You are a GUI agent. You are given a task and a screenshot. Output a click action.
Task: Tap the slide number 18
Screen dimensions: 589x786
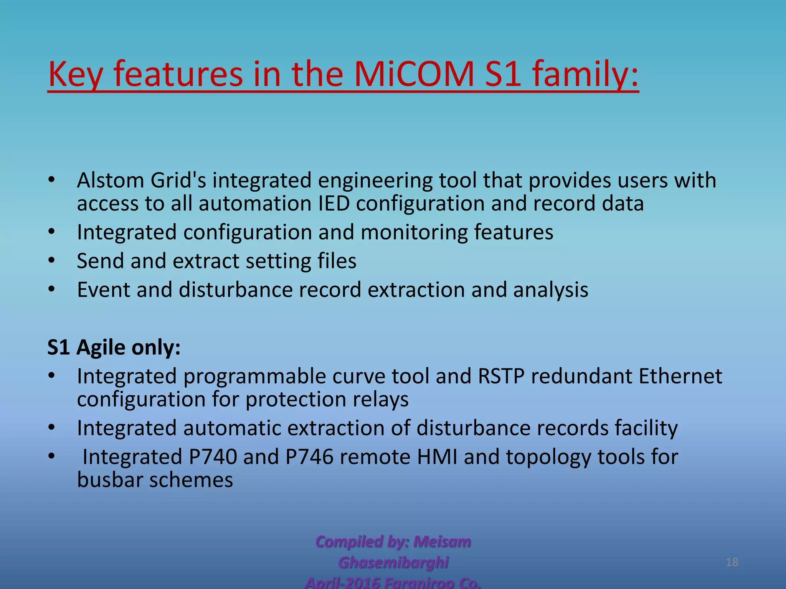pyautogui.click(x=732, y=562)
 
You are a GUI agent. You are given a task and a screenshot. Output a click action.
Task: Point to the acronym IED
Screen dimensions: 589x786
pyautogui.click(x=334, y=203)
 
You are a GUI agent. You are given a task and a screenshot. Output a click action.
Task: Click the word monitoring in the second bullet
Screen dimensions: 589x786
pyautogui.click(x=414, y=232)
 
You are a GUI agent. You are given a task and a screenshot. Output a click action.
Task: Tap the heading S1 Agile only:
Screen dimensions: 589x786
pyautogui.click(x=114, y=347)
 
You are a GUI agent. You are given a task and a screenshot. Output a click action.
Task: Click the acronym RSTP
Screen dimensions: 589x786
pyautogui.click(x=501, y=376)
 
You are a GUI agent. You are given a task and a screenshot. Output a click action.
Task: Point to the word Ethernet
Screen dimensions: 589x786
pyautogui.click(x=680, y=376)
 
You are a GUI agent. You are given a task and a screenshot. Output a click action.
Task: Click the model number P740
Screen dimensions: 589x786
pyautogui.click(x=213, y=457)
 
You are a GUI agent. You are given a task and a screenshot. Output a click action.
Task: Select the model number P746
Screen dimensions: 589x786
pyautogui.click(x=309, y=457)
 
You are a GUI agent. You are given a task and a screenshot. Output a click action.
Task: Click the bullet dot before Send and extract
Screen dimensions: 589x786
pyautogui.click(x=52, y=261)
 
